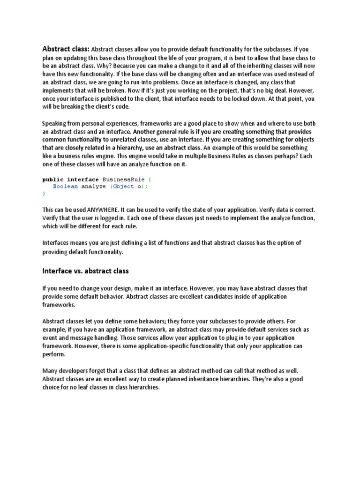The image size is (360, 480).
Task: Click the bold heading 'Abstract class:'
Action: [66, 49]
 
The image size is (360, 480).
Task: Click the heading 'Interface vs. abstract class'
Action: [85, 271]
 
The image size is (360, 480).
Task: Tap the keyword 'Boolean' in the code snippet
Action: [65, 186]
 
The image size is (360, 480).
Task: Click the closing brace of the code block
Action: [44, 193]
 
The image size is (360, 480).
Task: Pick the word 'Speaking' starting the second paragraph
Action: [55, 124]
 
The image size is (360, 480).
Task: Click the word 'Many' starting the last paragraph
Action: [51, 371]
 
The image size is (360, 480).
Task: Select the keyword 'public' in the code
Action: [53, 179]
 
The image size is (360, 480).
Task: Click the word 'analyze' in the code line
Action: [94, 186]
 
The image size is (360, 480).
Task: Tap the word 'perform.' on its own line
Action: [54, 354]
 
